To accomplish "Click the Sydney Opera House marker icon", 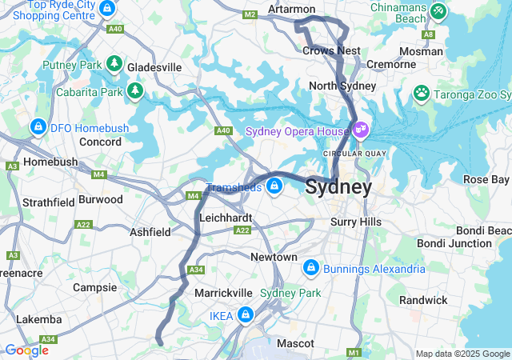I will click(360, 128).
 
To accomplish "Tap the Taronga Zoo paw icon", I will click(422, 94).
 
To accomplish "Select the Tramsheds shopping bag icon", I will click(274, 186).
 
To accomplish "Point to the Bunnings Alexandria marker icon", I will click(310, 267).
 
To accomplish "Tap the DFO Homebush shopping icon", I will click(38, 126).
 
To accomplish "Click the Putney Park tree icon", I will click(114, 63).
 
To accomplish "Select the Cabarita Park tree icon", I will click(135, 90).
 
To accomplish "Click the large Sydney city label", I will click(338, 188).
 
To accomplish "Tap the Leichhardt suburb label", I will click(226, 218).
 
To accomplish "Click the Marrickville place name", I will click(224, 293).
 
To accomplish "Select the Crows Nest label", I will click(331, 50).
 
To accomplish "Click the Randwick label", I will click(446, 300).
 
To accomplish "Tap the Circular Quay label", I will click(349, 152).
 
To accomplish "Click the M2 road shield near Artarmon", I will click(250, 14).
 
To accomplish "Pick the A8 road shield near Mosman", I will click(430, 34).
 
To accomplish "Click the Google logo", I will click(26, 350).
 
